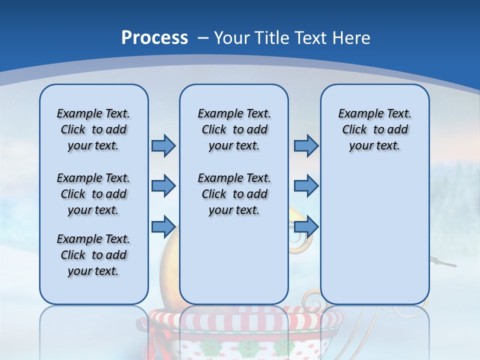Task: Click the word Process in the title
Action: [154, 37]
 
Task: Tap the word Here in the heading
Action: [352, 37]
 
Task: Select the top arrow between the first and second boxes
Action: [163, 145]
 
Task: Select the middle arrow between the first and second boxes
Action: [163, 186]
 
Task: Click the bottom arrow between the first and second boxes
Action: [163, 226]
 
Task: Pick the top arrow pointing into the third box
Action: [306, 145]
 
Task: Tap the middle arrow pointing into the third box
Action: [306, 186]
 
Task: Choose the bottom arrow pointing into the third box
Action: [306, 226]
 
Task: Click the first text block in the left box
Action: [93, 129]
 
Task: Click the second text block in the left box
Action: [93, 194]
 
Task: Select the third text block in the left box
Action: [93, 255]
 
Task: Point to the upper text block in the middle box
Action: [234, 129]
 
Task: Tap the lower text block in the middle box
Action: [234, 194]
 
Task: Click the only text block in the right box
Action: [374, 129]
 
